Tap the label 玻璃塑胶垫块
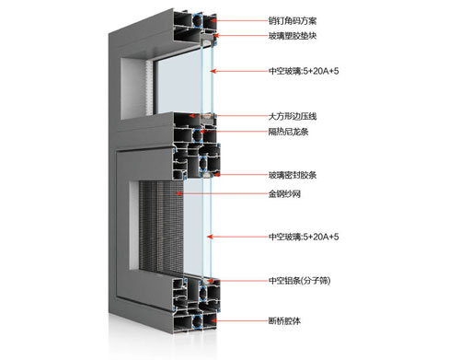pyautogui.click(x=293, y=37)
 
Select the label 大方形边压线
pyautogui.click(x=293, y=117)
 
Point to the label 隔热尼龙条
pyautogui.click(x=290, y=132)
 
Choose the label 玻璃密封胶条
pyautogui.click(x=293, y=175)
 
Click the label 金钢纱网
pyautogui.click(x=286, y=194)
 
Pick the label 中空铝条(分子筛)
pyautogui.click(x=299, y=281)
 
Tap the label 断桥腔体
pyautogui.click(x=286, y=321)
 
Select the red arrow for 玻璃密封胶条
pyautogui.click(x=238, y=175)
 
